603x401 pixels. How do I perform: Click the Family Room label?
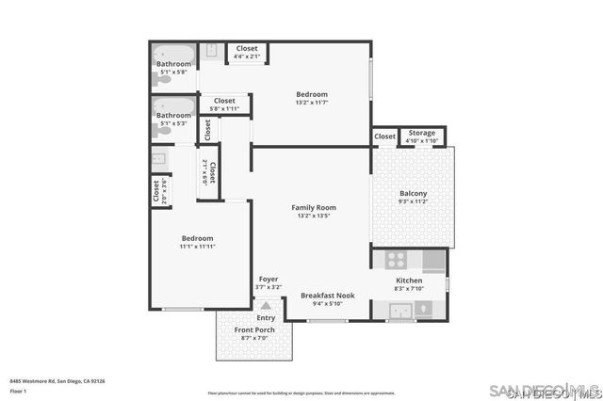[314, 207]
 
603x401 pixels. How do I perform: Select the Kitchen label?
[408, 281]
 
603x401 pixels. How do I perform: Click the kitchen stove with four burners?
[396, 259]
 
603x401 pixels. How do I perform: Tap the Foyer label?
[269, 280]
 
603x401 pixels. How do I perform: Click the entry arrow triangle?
[267, 306]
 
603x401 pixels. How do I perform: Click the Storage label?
[421, 133]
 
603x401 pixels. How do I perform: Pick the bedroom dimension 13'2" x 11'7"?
[312, 103]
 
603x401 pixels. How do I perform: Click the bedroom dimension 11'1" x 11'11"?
[198, 247]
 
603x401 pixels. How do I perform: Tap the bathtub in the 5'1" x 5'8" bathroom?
[175, 54]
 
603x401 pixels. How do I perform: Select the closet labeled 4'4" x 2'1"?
[247, 52]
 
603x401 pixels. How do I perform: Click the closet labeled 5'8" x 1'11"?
[224, 104]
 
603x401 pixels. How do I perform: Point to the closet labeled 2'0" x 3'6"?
[157, 191]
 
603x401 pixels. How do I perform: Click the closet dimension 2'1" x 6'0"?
[204, 171]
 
